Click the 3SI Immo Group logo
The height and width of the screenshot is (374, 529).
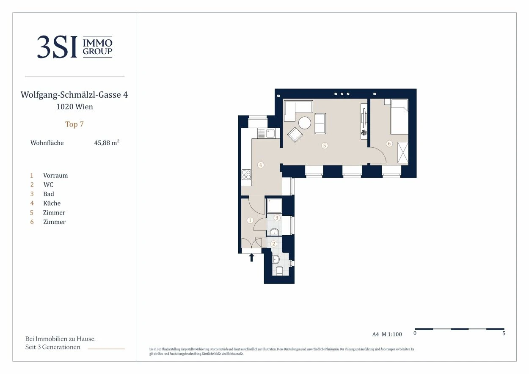coord(74,47)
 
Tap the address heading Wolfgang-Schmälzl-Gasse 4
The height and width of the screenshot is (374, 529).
coord(74,95)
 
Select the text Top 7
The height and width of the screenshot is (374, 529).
coord(74,124)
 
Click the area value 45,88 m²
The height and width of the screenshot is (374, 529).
coord(107,143)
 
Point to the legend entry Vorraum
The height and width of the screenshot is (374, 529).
coord(55,176)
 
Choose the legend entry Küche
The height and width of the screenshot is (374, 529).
coord(52,203)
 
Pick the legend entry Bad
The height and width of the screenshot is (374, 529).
coord(49,194)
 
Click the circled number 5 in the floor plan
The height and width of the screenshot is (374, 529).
coord(325,146)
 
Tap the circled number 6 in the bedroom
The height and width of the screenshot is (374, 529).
coord(389,143)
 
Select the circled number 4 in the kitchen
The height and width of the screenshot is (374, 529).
coord(261,165)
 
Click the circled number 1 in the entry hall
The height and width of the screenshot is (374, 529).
coord(250,220)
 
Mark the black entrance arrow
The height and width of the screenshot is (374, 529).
coord(251,258)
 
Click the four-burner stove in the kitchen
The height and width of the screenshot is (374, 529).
coord(246,175)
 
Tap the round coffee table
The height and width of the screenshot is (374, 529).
coord(305,123)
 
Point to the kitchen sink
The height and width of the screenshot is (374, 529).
coord(270,133)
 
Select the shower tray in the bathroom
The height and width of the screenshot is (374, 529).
coord(274,206)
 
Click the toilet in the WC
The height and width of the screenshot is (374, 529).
coord(279,271)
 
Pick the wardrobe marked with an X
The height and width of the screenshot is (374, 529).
coord(402,153)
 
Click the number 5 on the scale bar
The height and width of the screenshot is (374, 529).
coord(504,333)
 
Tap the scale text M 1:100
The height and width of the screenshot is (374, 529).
coord(392,334)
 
